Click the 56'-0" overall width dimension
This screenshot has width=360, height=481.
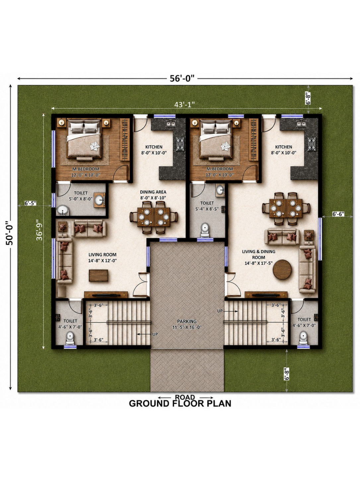click(x=182, y=78)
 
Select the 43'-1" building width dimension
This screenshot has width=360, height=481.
click(x=184, y=104)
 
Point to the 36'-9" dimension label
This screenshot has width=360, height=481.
click(x=39, y=230)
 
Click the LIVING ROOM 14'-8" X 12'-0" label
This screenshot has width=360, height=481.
click(x=103, y=258)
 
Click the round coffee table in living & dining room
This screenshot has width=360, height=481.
click(x=282, y=270)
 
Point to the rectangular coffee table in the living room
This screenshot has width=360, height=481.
click(x=99, y=275)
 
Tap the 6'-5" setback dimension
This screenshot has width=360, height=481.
click(x=30, y=203)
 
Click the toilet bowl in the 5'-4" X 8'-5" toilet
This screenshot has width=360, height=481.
click(x=205, y=230)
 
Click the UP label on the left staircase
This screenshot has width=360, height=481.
click(x=155, y=334)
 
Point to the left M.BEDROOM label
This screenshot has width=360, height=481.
click(x=86, y=169)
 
